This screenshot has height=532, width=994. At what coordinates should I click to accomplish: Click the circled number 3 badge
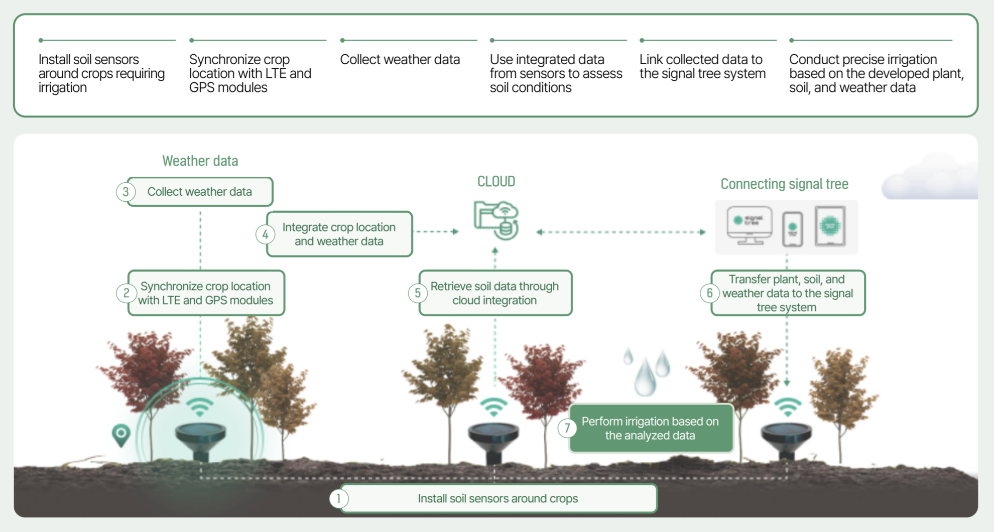(x=126, y=192)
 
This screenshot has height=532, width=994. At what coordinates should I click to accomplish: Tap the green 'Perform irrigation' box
(x=651, y=428)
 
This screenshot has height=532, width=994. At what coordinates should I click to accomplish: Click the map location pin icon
(x=121, y=435)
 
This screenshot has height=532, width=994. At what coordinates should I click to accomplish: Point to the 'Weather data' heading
(x=200, y=161)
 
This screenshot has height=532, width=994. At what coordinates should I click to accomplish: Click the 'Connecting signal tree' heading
(x=784, y=184)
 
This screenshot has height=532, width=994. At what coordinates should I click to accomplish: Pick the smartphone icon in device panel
(x=792, y=229)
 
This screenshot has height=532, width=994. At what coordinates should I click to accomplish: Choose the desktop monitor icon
(x=749, y=225)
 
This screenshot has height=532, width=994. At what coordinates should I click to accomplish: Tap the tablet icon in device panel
(x=830, y=226)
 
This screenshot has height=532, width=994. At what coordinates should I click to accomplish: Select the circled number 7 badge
(x=567, y=428)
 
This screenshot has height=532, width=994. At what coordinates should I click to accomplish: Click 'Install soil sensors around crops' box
(x=498, y=498)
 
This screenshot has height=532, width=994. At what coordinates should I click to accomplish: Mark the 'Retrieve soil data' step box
(x=494, y=293)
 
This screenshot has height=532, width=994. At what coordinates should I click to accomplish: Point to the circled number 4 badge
(x=265, y=234)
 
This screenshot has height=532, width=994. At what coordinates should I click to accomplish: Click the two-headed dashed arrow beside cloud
(x=621, y=232)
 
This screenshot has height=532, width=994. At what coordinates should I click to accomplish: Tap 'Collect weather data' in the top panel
(x=400, y=60)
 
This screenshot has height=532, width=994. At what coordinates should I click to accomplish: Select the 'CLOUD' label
(x=496, y=181)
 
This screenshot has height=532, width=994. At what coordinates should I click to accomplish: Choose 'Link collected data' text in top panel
(x=702, y=66)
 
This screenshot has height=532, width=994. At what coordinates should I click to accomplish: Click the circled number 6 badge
(x=709, y=293)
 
